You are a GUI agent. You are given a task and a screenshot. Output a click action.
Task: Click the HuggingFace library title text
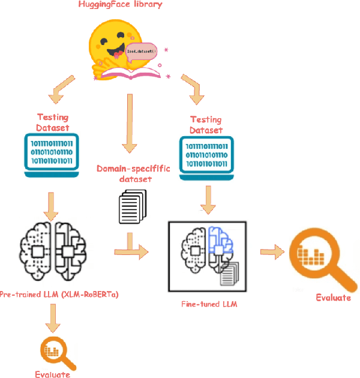(121, 5)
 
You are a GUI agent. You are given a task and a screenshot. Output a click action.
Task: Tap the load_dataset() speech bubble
(141, 50)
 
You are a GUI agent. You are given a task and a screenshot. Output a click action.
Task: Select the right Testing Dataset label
(206, 125)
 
